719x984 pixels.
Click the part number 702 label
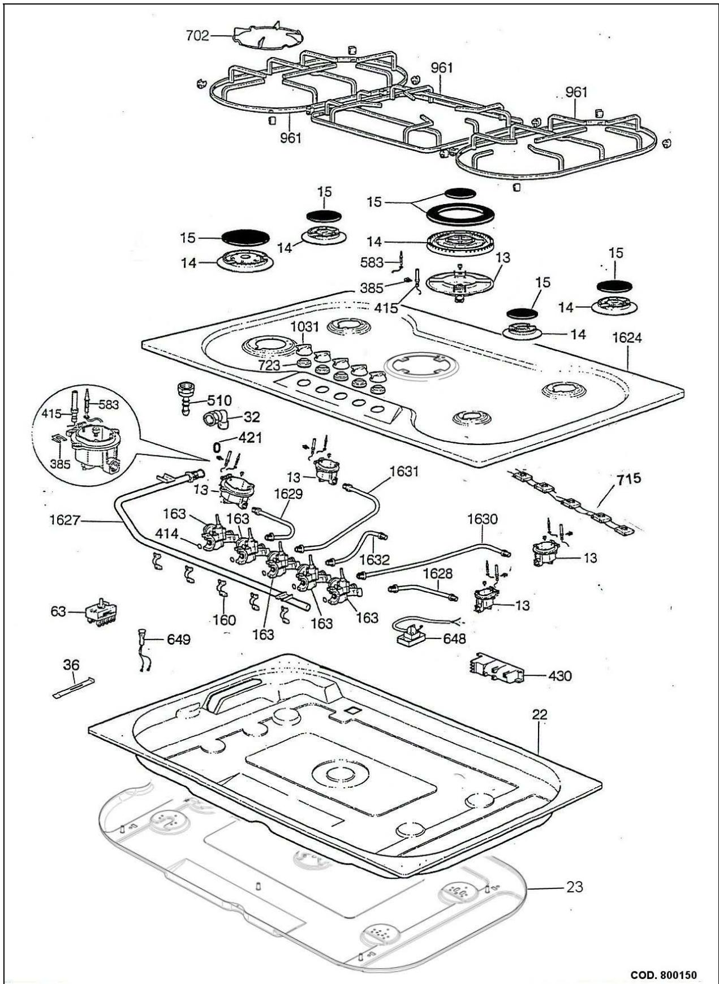click(x=197, y=36)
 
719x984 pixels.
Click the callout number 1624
click(x=627, y=338)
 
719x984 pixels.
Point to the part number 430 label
click(x=559, y=676)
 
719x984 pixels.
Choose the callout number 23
click(x=574, y=887)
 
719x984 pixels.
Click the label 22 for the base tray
click(x=540, y=715)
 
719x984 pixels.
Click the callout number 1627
click(x=64, y=519)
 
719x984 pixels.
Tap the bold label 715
click(x=629, y=479)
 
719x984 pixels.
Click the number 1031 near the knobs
click(x=305, y=327)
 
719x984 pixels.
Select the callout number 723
click(x=269, y=365)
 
